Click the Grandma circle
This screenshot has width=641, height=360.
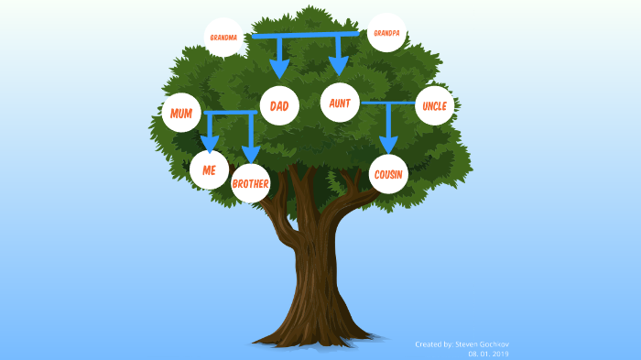[x=223, y=38]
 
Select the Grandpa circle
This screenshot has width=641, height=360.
[x=386, y=32]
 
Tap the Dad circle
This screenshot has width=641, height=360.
[x=279, y=106]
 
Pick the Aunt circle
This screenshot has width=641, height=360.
[x=340, y=104]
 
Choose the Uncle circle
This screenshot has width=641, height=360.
[x=435, y=106]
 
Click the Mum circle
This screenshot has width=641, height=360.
[x=181, y=114]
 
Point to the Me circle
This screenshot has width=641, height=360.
[x=209, y=169]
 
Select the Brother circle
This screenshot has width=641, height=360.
[x=251, y=183]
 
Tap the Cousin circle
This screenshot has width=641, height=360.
[x=389, y=174]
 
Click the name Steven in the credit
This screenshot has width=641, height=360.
[x=465, y=344]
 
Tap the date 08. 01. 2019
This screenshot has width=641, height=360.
[x=488, y=354]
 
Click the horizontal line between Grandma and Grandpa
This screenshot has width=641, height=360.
[x=302, y=35]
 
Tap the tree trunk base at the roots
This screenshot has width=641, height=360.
[x=311, y=334]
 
